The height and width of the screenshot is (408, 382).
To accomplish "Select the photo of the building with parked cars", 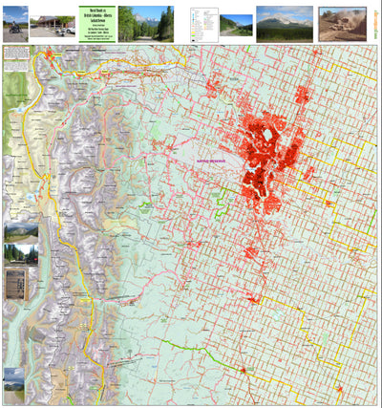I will point(53,24).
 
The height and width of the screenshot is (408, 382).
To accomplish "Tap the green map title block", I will point(97,22).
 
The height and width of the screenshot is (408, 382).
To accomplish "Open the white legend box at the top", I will point(202,22).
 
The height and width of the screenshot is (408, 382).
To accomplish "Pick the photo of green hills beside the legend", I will point(235,24).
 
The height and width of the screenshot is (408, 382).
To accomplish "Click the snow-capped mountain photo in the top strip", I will point(284,22).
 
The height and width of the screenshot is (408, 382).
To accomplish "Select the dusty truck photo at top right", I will point(341,23).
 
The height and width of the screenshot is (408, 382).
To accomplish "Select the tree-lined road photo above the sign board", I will point(20,254).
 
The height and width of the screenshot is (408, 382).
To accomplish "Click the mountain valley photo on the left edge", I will point(20,232).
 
